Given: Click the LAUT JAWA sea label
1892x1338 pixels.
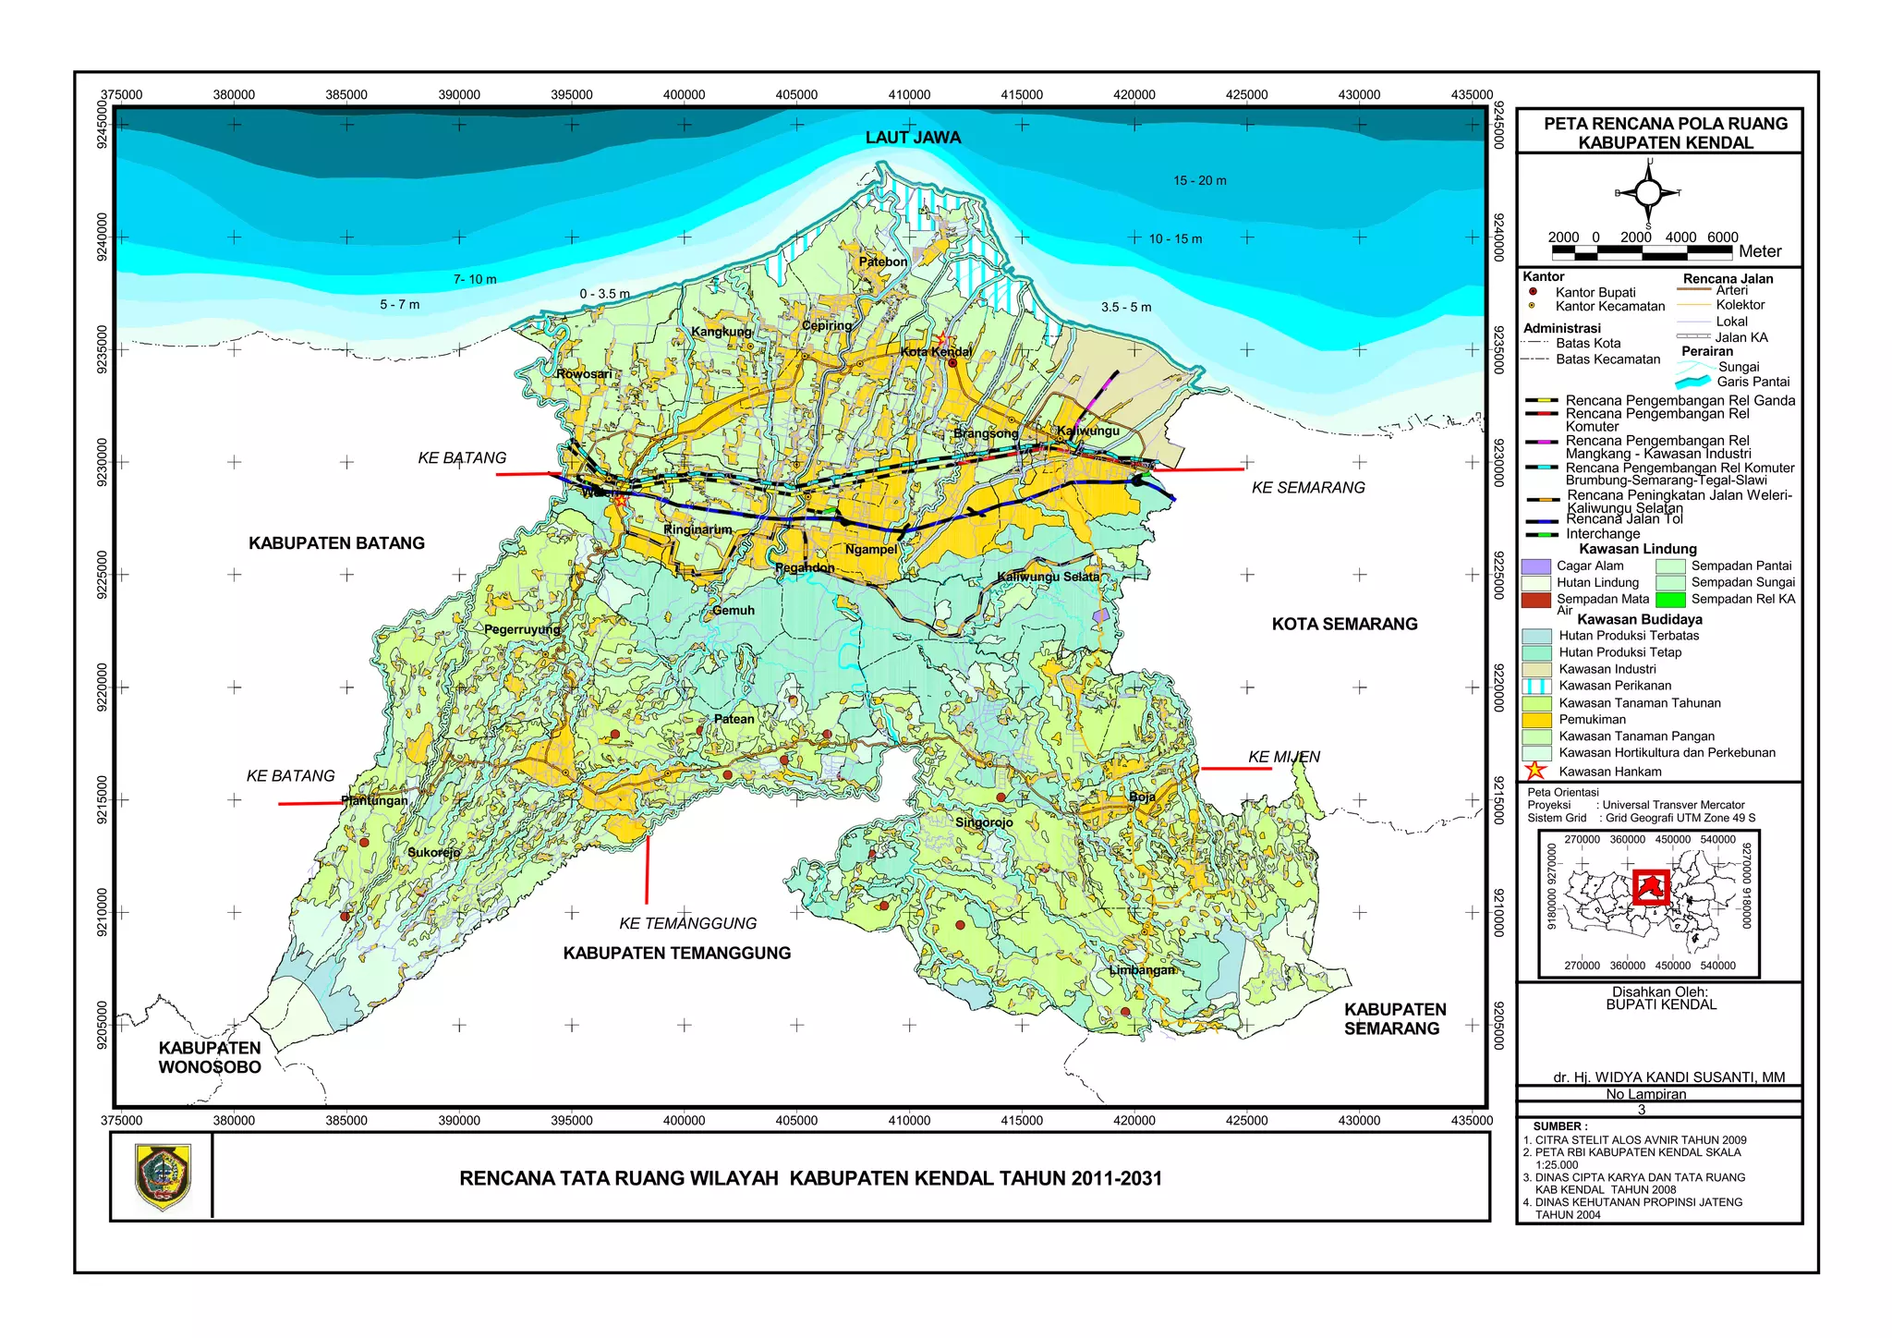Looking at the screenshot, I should (x=913, y=138).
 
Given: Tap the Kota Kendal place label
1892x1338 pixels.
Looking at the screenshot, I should (x=936, y=351).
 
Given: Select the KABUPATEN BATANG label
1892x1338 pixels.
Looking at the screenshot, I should (x=336, y=543).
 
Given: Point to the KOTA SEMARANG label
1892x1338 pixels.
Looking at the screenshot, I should (x=1344, y=624).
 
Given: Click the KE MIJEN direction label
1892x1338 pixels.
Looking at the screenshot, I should (x=1284, y=757).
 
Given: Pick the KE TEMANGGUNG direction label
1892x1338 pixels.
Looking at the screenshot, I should (x=687, y=923).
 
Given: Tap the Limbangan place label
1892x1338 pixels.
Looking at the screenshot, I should (x=1142, y=970).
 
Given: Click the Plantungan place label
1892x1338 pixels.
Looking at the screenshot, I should (x=374, y=800).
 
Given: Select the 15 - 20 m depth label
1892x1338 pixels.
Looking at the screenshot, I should (x=1199, y=180).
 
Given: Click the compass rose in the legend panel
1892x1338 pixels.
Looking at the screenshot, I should (x=1649, y=193).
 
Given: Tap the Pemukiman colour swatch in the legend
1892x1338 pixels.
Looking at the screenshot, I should (x=1536, y=720).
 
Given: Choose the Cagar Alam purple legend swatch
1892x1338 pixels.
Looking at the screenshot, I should (x=1535, y=566).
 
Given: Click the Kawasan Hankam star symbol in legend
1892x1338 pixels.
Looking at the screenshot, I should (x=1535, y=771).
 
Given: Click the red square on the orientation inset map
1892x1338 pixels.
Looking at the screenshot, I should (x=1650, y=888).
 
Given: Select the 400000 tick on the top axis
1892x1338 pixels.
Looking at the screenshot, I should (x=684, y=94).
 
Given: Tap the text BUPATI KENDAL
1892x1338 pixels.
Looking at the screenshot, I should (x=1660, y=1004).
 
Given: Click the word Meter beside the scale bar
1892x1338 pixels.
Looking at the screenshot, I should (x=1759, y=251).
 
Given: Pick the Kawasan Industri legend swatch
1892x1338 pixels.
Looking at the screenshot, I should (x=1536, y=669).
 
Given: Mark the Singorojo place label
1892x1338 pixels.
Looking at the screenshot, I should (x=984, y=822).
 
